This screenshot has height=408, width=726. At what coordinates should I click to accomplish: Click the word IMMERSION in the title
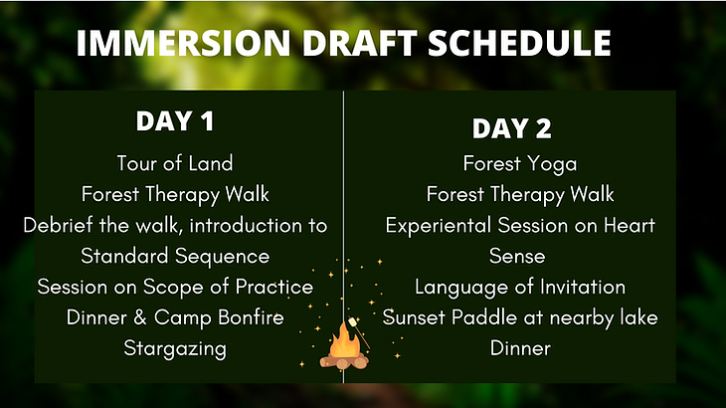point(183,43)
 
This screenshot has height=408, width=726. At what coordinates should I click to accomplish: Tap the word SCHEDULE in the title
point(519,43)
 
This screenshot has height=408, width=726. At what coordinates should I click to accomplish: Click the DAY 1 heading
point(175,120)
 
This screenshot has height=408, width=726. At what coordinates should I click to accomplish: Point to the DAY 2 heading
point(512,128)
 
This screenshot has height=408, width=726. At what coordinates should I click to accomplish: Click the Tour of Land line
point(175,163)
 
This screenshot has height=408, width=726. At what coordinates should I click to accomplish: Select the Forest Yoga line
point(520,164)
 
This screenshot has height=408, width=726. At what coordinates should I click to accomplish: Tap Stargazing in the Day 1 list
point(175,348)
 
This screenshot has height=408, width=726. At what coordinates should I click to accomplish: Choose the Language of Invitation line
point(520,288)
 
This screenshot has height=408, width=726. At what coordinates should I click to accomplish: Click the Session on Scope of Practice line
point(175,288)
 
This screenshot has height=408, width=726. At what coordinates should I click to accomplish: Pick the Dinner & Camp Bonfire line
point(175,318)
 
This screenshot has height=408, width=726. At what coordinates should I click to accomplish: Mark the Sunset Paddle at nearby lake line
point(520,318)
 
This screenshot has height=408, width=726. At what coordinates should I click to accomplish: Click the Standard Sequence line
point(175,257)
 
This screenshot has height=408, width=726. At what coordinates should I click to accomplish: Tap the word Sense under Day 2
point(517,256)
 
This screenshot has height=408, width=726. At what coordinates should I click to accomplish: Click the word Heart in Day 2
point(630,225)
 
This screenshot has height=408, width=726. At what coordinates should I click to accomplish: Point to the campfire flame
point(344,341)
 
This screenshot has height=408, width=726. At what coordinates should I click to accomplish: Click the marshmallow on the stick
point(353,321)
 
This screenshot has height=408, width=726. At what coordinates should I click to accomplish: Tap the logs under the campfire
point(344,361)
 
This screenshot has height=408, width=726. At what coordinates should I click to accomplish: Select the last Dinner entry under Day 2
point(520,348)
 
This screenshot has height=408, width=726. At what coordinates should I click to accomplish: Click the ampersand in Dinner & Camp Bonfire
point(140,318)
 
